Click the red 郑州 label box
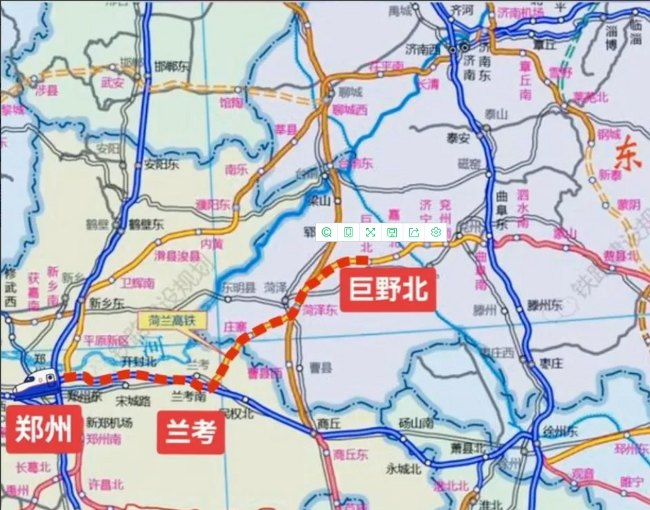coord(43,429)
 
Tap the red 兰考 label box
coord(191,432)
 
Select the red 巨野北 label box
coord(388,289)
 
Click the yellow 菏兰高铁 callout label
coord(172,321)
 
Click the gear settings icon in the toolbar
coord(436,232)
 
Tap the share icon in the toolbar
coord(414,232)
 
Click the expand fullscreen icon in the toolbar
coord(370,232)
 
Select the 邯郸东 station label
coord(171,67)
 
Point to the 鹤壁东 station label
coord(146,225)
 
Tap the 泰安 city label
coord(458,138)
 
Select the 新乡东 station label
coord(106,304)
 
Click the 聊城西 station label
coord(350,110)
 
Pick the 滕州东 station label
coord(545,306)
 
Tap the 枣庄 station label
coord(552,363)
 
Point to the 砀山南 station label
coord(416,423)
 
